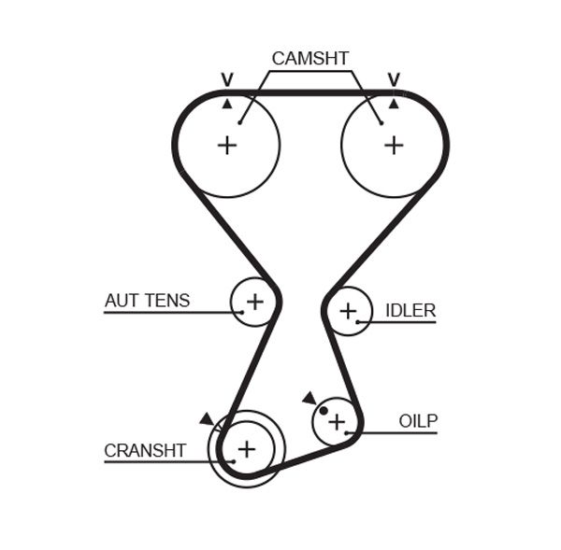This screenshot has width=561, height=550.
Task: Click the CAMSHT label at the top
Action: [x=310, y=59]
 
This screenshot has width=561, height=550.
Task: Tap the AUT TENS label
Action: [x=147, y=301]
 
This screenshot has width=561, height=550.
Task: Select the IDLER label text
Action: [x=410, y=310]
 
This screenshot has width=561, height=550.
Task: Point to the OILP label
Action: [x=418, y=421]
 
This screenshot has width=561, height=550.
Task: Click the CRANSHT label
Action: [x=145, y=450]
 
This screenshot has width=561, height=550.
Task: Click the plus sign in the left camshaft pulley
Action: [x=227, y=145]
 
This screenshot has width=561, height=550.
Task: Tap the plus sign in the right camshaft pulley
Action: [x=394, y=145]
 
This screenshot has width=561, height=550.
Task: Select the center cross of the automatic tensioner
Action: [x=254, y=301]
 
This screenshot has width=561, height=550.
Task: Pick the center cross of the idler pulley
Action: [x=348, y=310]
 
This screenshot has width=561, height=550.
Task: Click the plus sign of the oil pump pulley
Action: [x=336, y=420]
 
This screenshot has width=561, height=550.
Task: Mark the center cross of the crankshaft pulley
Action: [x=246, y=449]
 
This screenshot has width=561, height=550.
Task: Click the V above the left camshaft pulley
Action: [x=226, y=79]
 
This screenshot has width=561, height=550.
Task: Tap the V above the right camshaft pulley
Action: [x=394, y=79]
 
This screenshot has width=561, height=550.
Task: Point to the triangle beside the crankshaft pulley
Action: [x=206, y=419]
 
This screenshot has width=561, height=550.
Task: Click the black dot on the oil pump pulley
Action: [x=324, y=410]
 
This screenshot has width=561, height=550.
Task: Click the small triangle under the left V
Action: [x=226, y=103]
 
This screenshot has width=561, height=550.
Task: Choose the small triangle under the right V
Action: [x=394, y=103]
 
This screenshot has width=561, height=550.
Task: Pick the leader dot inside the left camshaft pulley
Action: [x=240, y=121]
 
